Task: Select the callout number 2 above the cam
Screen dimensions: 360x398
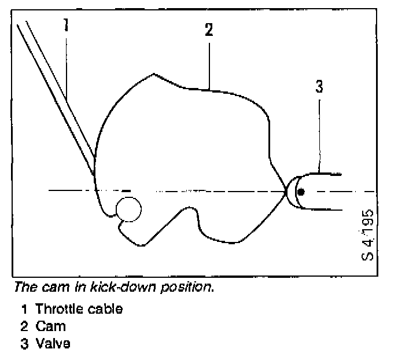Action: tap(209, 31)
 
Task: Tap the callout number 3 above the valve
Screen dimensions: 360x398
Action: tap(319, 87)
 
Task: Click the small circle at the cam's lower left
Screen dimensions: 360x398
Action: tap(128, 208)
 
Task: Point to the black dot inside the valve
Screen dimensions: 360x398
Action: tap(300, 192)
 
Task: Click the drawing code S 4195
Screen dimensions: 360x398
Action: tap(368, 234)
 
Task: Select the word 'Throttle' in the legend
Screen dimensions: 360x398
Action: tap(56, 309)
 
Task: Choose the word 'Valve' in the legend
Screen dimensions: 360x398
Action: tap(53, 344)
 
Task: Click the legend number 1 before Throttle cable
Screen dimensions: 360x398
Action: tap(23, 309)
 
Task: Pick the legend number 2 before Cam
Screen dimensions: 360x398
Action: tap(23, 326)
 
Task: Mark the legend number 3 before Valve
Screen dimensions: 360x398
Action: tap(23, 344)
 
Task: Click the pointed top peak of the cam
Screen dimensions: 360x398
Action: tap(153, 74)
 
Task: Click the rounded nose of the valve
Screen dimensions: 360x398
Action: tap(294, 192)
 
